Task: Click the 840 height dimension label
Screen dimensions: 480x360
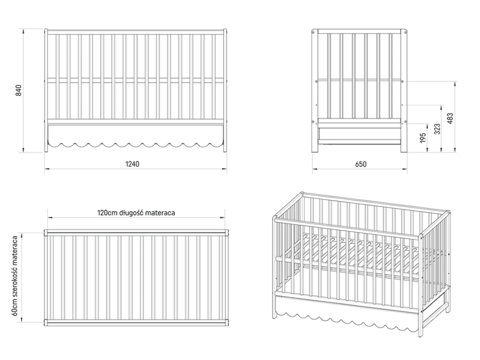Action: pyautogui.click(x=19, y=90)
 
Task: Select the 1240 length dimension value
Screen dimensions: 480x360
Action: pyautogui.click(x=132, y=164)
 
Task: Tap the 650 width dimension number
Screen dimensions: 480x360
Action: pyautogui.click(x=360, y=164)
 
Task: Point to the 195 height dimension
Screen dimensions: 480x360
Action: pyautogui.click(x=423, y=138)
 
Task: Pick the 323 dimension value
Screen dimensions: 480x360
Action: pyautogui.click(x=437, y=129)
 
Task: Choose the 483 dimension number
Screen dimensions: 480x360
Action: pyautogui.click(x=450, y=119)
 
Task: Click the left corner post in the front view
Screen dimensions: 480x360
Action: pyautogui.click(x=46, y=90)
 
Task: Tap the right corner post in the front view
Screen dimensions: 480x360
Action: pyautogui.click(x=225, y=90)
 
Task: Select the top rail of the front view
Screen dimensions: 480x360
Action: pyautogui.click(x=136, y=32)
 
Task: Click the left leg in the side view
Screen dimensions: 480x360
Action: pyautogui.click(x=315, y=91)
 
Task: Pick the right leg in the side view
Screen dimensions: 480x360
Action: pyautogui.click(x=404, y=91)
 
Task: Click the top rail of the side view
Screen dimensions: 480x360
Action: pyautogui.click(x=360, y=31)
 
